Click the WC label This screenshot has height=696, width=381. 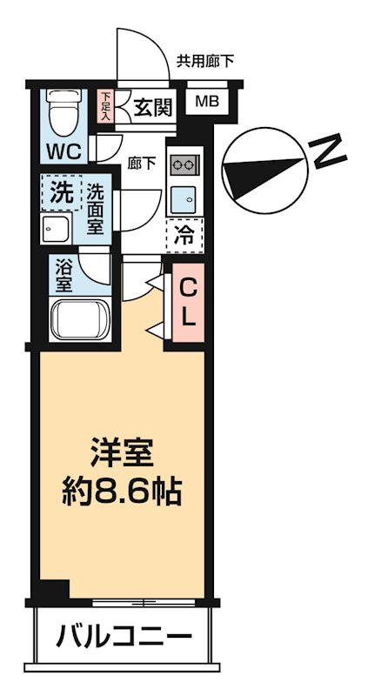tap(63, 151)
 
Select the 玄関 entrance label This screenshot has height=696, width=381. tap(153, 108)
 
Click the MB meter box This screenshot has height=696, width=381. tap(207, 102)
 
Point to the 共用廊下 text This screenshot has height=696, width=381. tap(205, 62)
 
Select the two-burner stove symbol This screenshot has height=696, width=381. tap(184, 164)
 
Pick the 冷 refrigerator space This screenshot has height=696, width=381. tap(184, 234)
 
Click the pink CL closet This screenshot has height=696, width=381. tap(188, 299)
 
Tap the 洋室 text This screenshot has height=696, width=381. tap(123, 454)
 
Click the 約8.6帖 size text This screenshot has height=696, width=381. tap(123, 492)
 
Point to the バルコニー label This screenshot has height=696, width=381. tap(124, 638)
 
